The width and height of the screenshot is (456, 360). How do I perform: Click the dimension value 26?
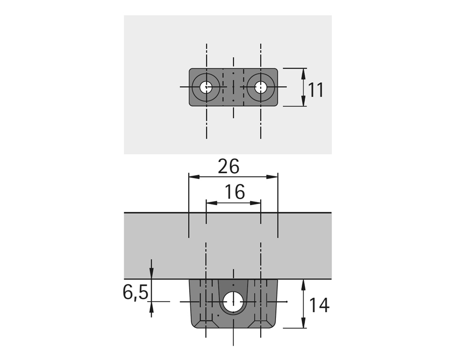[x=229, y=166]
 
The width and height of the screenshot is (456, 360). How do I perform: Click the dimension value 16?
[x=235, y=192]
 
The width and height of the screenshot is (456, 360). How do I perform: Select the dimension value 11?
[x=315, y=90]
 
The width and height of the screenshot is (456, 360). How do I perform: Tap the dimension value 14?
[x=319, y=305]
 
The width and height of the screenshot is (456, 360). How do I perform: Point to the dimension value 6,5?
[x=135, y=292]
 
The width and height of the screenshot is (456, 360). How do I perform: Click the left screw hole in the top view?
[x=206, y=87]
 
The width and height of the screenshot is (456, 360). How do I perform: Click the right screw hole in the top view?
[x=260, y=87]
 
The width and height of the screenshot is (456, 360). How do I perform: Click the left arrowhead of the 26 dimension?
[x=194, y=177]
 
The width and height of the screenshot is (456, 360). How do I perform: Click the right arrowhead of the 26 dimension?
[x=272, y=177]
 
